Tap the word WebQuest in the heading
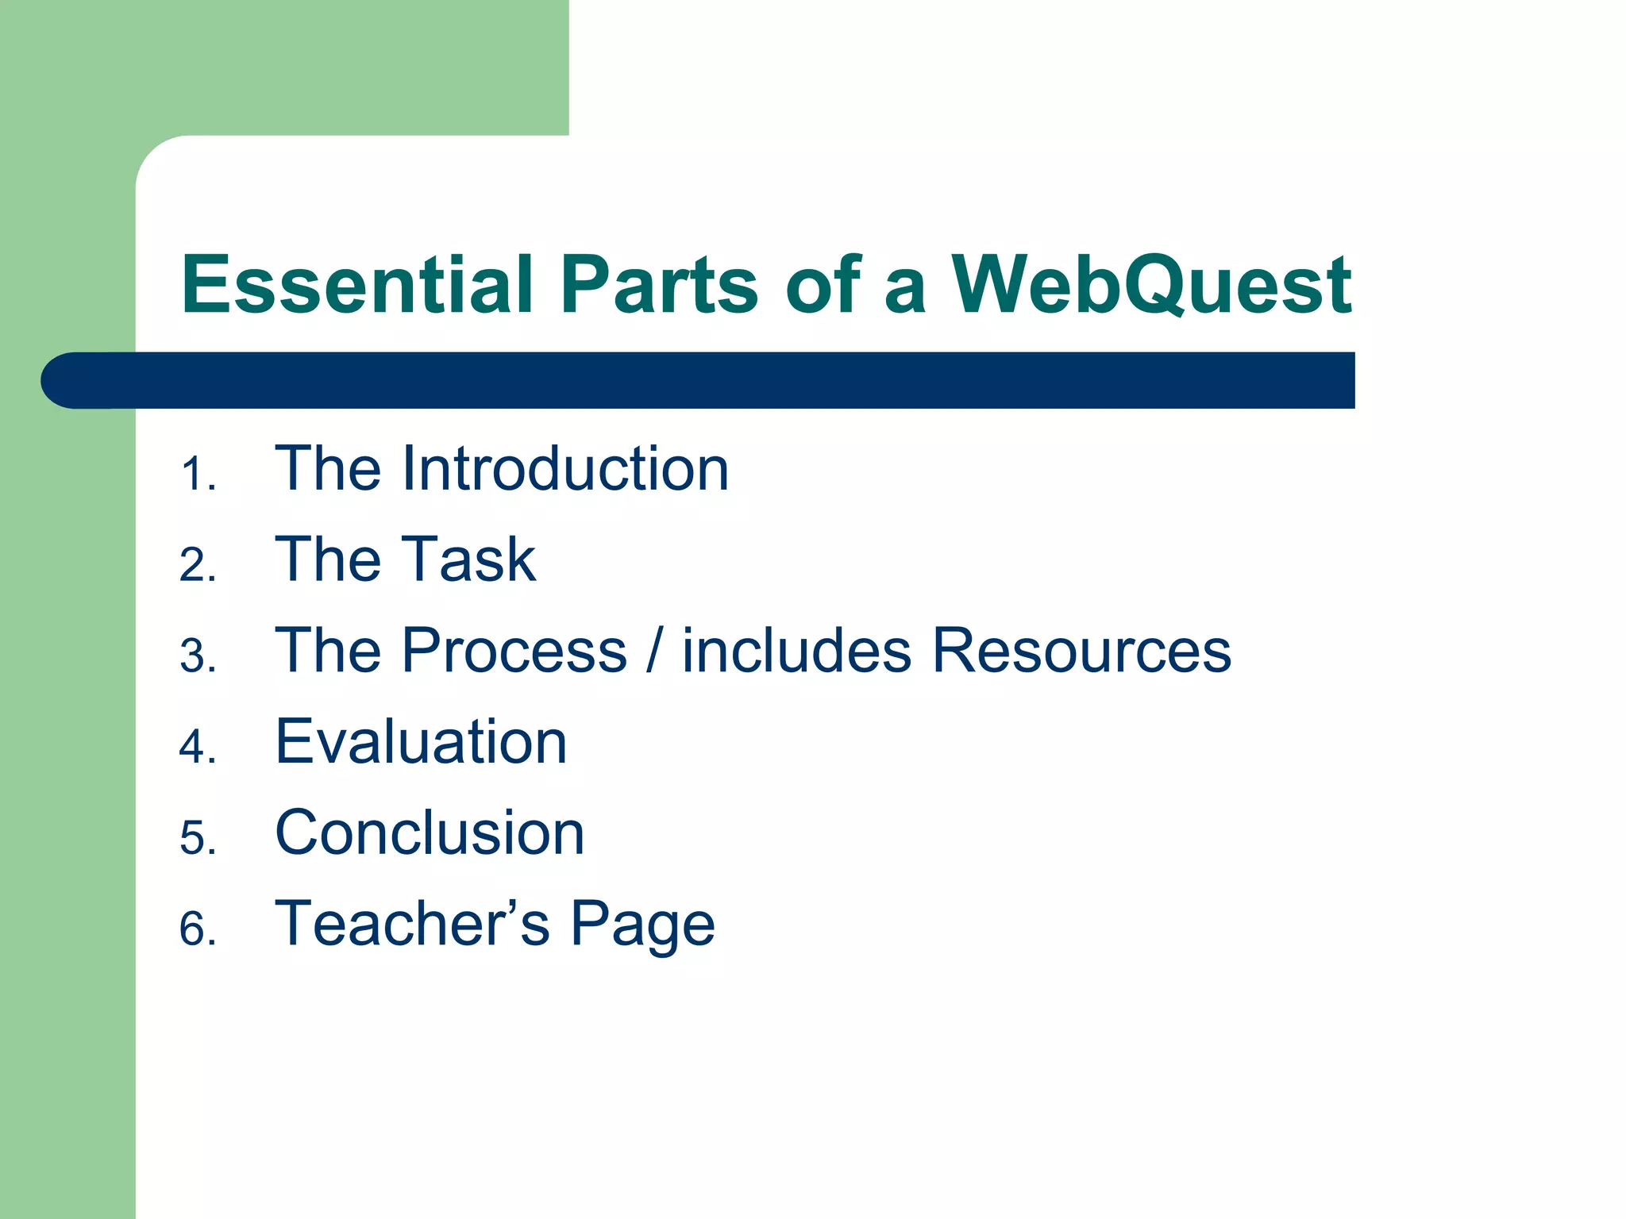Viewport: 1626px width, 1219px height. pyautogui.click(x=1151, y=286)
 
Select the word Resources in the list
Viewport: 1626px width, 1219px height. pyautogui.click(x=1081, y=651)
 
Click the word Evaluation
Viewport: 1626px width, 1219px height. pyautogui.click(x=421, y=742)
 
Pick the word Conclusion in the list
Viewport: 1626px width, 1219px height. pyautogui.click(x=430, y=833)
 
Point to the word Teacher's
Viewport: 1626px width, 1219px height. pyautogui.click(x=412, y=924)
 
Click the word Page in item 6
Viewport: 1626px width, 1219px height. pyautogui.click(x=642, y=925)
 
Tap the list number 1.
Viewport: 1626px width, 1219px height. pyautogui.click(x=194, y=475)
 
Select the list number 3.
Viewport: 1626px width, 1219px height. pyautogui.click(x=195, y=657)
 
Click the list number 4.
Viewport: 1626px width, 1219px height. pyautogui.click(x=195, y=748)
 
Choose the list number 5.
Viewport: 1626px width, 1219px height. pyautogui.click(x=195, y=839)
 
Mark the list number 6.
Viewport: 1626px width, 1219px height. pyautogui.click(x=195, y=929)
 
